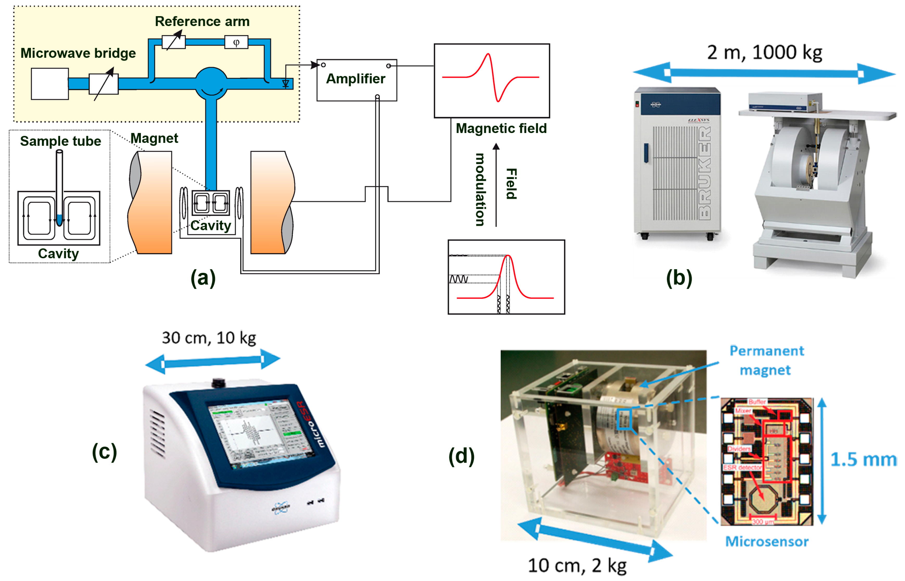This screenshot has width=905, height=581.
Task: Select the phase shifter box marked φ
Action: (236, 42)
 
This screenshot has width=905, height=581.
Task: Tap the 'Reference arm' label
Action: (202, 22)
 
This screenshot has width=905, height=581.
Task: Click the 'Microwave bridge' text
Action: (78, 53)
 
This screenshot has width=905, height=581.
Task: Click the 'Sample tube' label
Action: (60, 141)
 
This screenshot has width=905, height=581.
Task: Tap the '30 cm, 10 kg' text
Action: (209, 338)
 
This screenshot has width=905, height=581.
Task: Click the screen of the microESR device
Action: (260, 434)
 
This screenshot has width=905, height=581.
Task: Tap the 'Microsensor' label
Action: (767, 542)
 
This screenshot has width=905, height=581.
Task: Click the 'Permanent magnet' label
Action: (766, 361)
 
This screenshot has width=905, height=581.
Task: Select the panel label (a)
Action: (203, 278)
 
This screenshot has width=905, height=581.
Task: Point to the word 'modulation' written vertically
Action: (480, 189)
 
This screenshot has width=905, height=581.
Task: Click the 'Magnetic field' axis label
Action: (501, 129)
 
